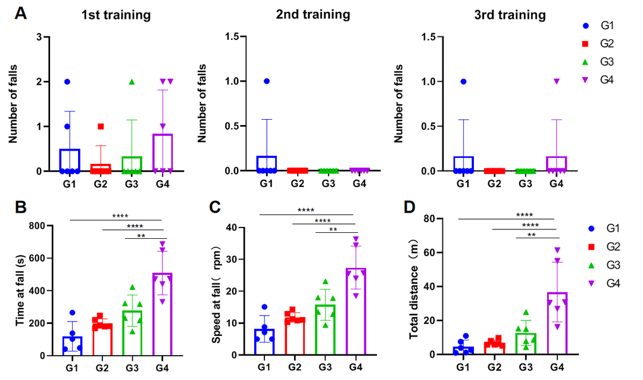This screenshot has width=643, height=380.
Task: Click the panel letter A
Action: [21, 13]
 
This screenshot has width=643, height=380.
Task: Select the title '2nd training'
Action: [313, 14]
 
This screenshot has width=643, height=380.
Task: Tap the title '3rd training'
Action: [510, 14]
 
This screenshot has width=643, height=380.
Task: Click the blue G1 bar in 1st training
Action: [70, 161]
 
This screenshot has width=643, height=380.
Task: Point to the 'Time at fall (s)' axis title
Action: [21, 291]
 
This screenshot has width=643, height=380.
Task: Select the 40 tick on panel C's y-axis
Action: [242, 228]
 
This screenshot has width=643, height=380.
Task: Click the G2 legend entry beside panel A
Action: [598, 43]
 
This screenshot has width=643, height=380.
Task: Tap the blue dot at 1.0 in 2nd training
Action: [267, 81]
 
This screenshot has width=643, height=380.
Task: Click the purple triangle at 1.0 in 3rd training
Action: [556, 81]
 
